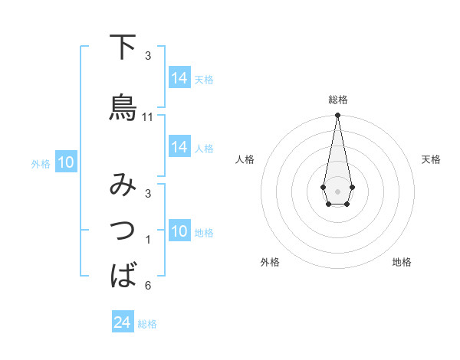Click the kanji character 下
pyautogui.click(x=123, y=48)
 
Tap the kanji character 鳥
pyautogui.click(x=123, y=108)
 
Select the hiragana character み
pyautogui.click(x=123, y=186)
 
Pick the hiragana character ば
pyautogui.click(x=123, y=273)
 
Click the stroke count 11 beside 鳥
pyautogui.click(x=148, y=117)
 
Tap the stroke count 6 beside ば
pyautogui.click(x=148, y=286)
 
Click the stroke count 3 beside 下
pyautogui.click(x=148, y=56)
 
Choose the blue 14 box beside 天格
pyautogui.click(x=179, y=78)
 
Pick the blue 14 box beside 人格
pyautogui.click(x=179, y=147)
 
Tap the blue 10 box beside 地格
pyautogui.click(x=179, y=232)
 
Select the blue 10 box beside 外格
pyautogui.click(x=66, y=162)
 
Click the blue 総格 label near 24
pyautogui.click(x=147, y=324)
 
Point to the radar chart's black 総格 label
pyautogui.click(x=337, y=100)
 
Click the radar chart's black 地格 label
pyautogui.click(x=402, y=262)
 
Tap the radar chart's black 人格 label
pyautogui.click(x=245, y=159)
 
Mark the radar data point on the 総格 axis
pyautogui.click(x=337, y=116)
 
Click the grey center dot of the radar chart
pyautogui.click(x=337, y=190)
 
